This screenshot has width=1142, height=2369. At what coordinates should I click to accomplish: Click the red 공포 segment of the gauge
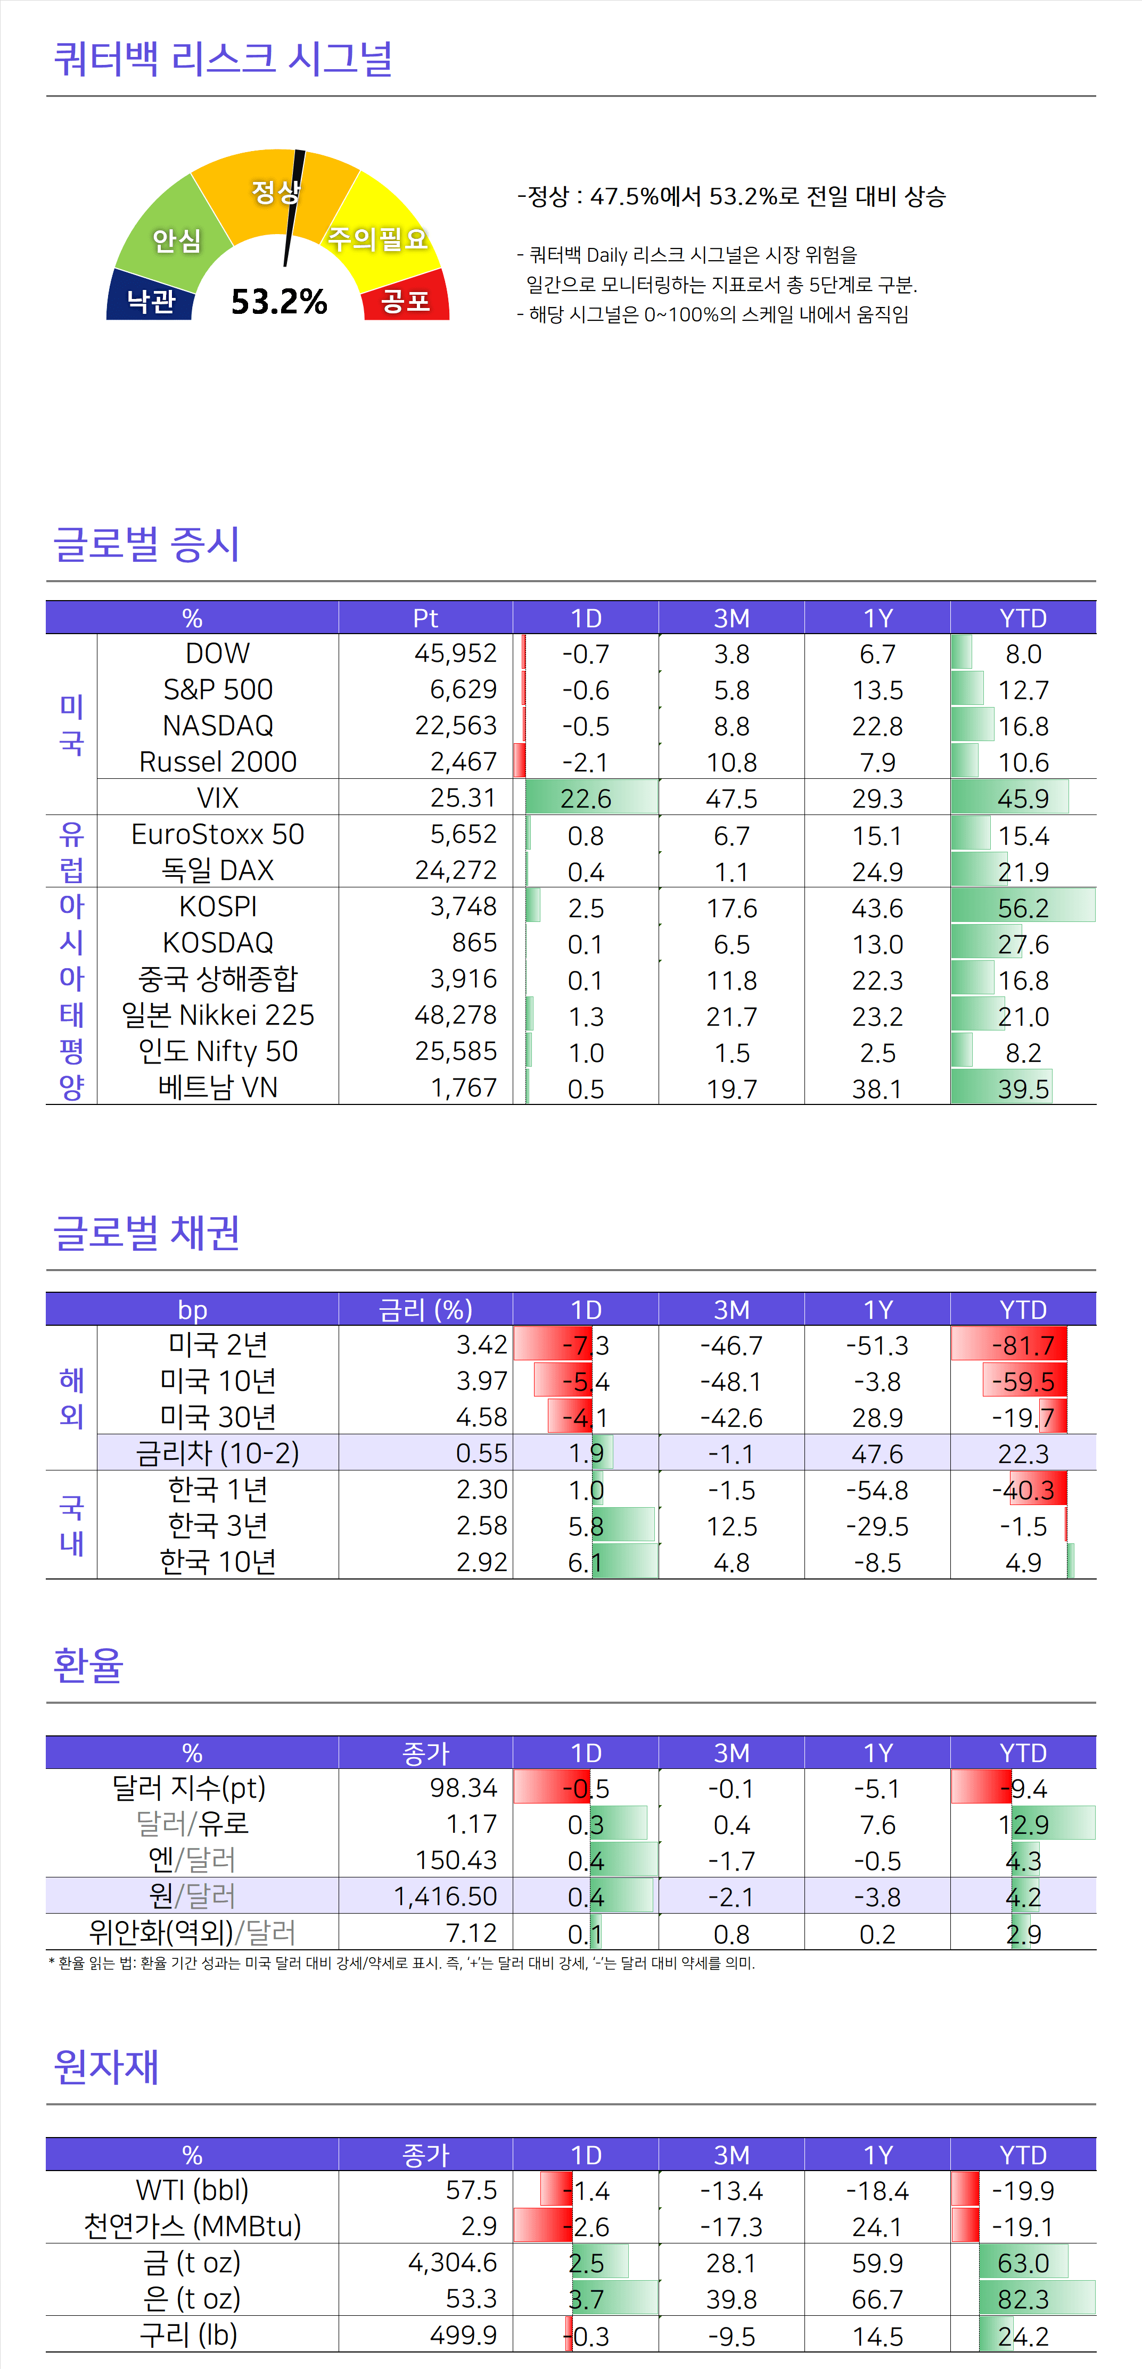click(x=406, y=300)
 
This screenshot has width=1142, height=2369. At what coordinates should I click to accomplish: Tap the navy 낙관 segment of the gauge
click(x=151, y=300)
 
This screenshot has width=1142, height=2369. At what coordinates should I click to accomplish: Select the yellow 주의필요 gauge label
click(x=378, y=238)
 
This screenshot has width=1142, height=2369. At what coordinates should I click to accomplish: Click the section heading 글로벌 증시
click(x=147, y=544)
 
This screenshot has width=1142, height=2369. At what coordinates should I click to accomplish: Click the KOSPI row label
click(x=218, y=907)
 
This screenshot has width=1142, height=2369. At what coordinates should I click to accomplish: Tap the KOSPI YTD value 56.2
click(x=1023, y=908)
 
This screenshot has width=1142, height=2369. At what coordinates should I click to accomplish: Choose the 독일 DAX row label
click(x=218, y=870)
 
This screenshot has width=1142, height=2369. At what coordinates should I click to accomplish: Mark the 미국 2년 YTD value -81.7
click(x=1023, y=1345)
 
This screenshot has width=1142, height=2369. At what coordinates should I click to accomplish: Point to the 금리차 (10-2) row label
click(x=218, y=1453)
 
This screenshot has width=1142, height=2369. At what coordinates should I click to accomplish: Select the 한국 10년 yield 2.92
click(x=481, y=1561)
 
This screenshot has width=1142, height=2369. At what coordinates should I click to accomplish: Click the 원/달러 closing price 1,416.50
click(x=446, y=1896)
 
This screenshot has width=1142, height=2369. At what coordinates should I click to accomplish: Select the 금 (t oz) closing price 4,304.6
click(x=453, y=2262)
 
